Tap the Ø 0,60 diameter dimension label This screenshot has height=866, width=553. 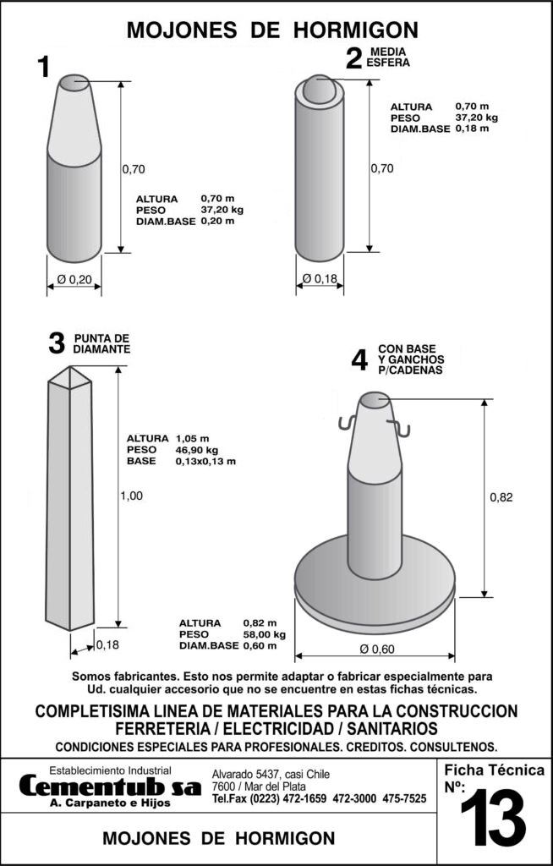[377, 649]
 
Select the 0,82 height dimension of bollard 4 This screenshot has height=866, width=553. [501, 497]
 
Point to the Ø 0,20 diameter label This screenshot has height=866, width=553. [74, 280]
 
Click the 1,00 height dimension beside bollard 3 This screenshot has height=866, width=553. [131, 496]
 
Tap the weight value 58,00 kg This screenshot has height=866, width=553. [264, 634]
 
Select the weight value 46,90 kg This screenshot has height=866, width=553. [196, 450]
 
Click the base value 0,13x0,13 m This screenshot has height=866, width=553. [205, 461]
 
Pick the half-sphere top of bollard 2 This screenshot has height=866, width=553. [320, 89]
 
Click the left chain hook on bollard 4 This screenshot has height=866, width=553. [348, 423]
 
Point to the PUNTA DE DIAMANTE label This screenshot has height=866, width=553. [101, 344]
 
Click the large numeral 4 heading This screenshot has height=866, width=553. [359, 360]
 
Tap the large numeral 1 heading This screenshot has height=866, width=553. [43, 68]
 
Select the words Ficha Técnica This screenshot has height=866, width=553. [494, 770]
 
